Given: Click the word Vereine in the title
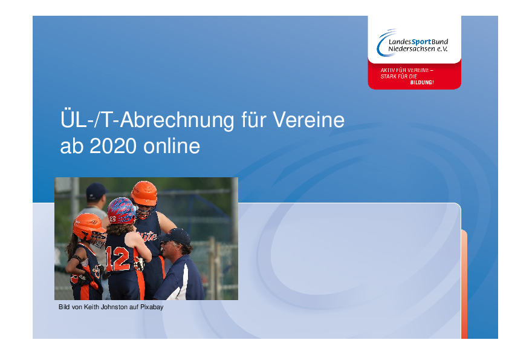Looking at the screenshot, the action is [308, 120].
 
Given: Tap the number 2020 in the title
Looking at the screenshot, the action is [113, 146].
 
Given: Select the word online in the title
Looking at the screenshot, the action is [172, 146].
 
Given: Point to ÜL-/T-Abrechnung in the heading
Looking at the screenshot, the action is [147, 120].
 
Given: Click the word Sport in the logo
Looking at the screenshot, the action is [421, 42].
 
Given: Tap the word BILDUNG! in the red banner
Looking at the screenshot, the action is [422, 82].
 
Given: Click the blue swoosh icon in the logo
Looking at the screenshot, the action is [385, 42].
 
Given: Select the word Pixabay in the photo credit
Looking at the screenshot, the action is [152, 307].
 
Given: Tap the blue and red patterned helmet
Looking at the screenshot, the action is [121, 211].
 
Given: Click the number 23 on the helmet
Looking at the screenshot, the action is [112, 219].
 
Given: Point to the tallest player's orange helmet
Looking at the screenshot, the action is [144, 193].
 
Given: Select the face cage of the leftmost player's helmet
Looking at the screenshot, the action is [99, 240].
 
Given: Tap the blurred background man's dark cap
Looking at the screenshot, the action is [96, 191].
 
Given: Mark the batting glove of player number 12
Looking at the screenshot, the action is [139, 264].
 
